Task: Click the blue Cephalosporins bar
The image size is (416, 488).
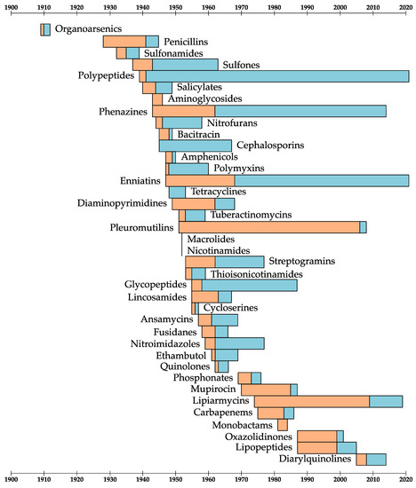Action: coord(195,146)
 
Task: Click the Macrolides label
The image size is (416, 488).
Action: coord(210,239)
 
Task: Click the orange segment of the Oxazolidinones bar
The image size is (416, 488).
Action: coord(316,436)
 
